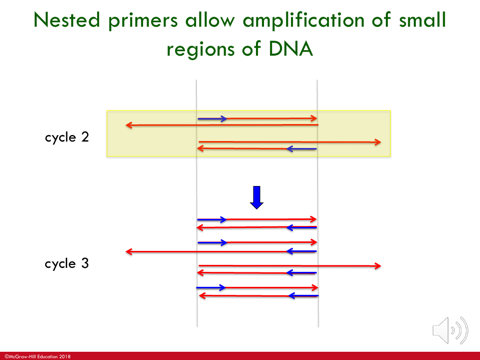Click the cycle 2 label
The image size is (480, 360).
[x=67, y=137]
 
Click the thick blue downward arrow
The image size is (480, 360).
[x=257, y=196]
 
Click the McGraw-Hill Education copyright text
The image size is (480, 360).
[x=40, y=354]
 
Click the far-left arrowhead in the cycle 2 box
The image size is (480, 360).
[x=128, y=125]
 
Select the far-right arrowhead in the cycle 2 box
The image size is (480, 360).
[x=377, y=143]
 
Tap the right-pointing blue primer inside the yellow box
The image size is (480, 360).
[x=212, y=119]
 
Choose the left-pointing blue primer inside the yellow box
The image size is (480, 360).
[x=301, y=149]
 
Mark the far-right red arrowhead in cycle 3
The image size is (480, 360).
[x=377, y=265]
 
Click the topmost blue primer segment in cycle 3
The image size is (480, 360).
[x=212, y=219]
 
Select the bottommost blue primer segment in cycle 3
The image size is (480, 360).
[x=302, y=296]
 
